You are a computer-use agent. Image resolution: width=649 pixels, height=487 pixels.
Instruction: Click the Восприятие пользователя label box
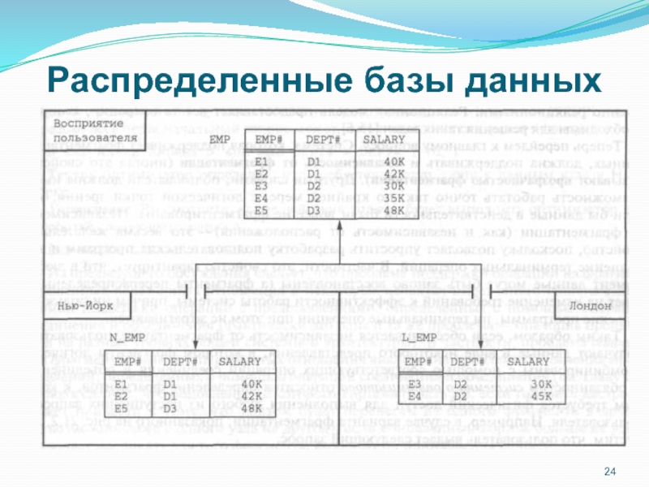[x=91, y=131]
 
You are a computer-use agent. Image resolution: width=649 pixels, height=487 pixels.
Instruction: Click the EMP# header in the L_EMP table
[x=418, y=360]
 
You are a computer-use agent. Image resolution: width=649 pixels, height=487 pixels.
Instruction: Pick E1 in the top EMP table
[x=261, y=162]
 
